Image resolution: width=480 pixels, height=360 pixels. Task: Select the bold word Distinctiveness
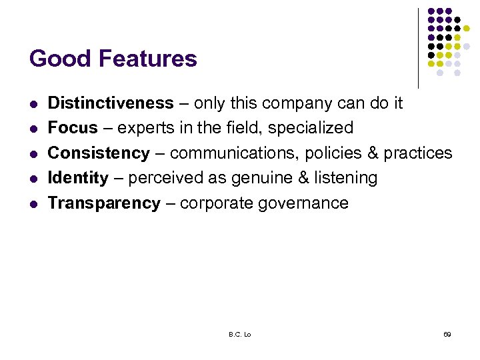pos(111,103)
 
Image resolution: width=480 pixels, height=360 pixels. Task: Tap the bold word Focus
pos(73,128)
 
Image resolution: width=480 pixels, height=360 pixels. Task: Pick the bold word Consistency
pos(99,153)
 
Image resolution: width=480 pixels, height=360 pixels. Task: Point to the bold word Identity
pos(78,178)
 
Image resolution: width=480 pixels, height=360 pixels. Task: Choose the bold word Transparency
pos(104,203)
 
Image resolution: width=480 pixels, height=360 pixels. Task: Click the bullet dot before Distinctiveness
pos(33,105)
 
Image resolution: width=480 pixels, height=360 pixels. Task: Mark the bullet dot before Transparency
pos(33,204)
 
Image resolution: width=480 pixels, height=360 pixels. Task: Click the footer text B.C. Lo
pos(240,334)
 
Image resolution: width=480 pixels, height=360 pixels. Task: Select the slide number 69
pos(447,334)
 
